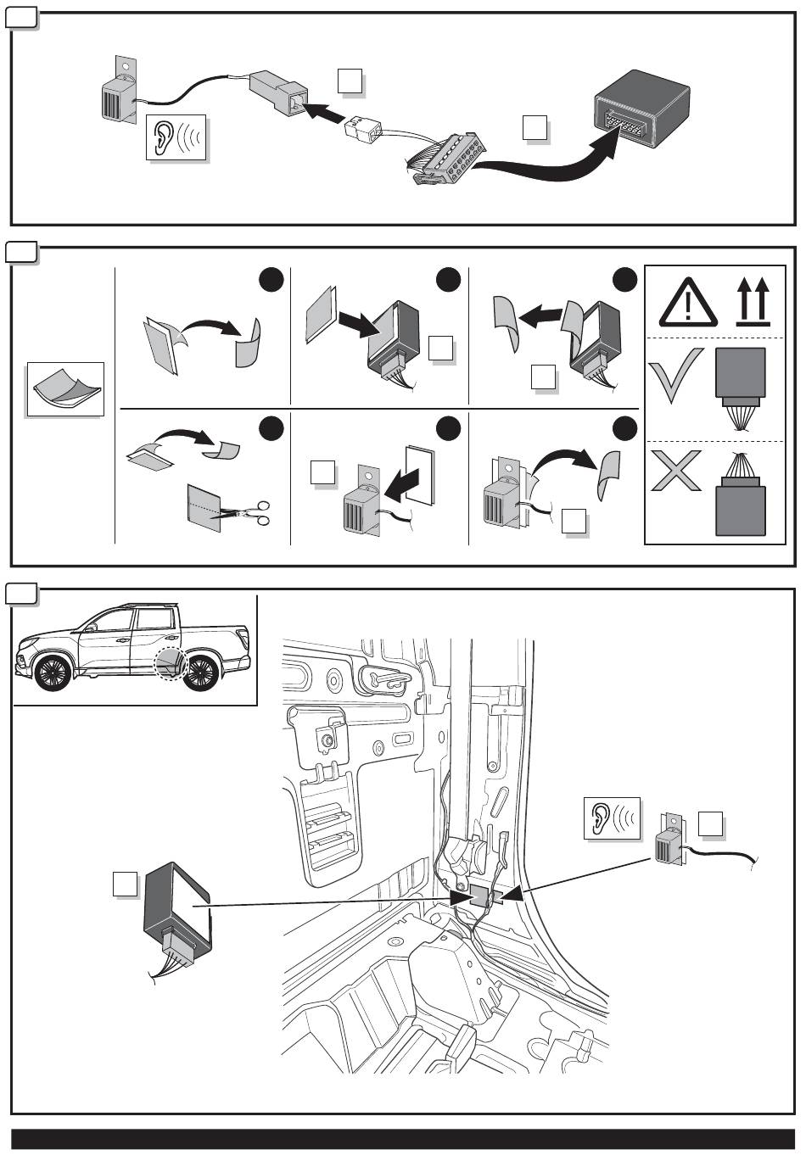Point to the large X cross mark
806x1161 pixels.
click(676, 472)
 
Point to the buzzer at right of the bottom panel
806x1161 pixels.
click(673, 844)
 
